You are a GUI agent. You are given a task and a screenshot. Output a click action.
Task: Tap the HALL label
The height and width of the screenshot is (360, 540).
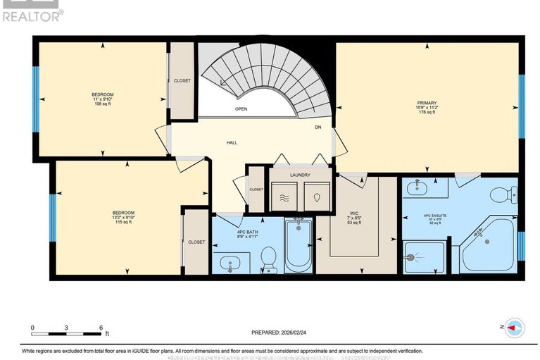232,142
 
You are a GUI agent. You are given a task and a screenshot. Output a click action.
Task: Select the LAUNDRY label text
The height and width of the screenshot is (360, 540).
290,173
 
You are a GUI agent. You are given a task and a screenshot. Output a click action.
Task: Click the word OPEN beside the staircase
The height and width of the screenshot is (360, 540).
241,109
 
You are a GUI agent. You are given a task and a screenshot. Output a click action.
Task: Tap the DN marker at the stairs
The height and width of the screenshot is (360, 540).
318,128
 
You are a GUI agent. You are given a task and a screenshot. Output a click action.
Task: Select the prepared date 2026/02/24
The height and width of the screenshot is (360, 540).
280,333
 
